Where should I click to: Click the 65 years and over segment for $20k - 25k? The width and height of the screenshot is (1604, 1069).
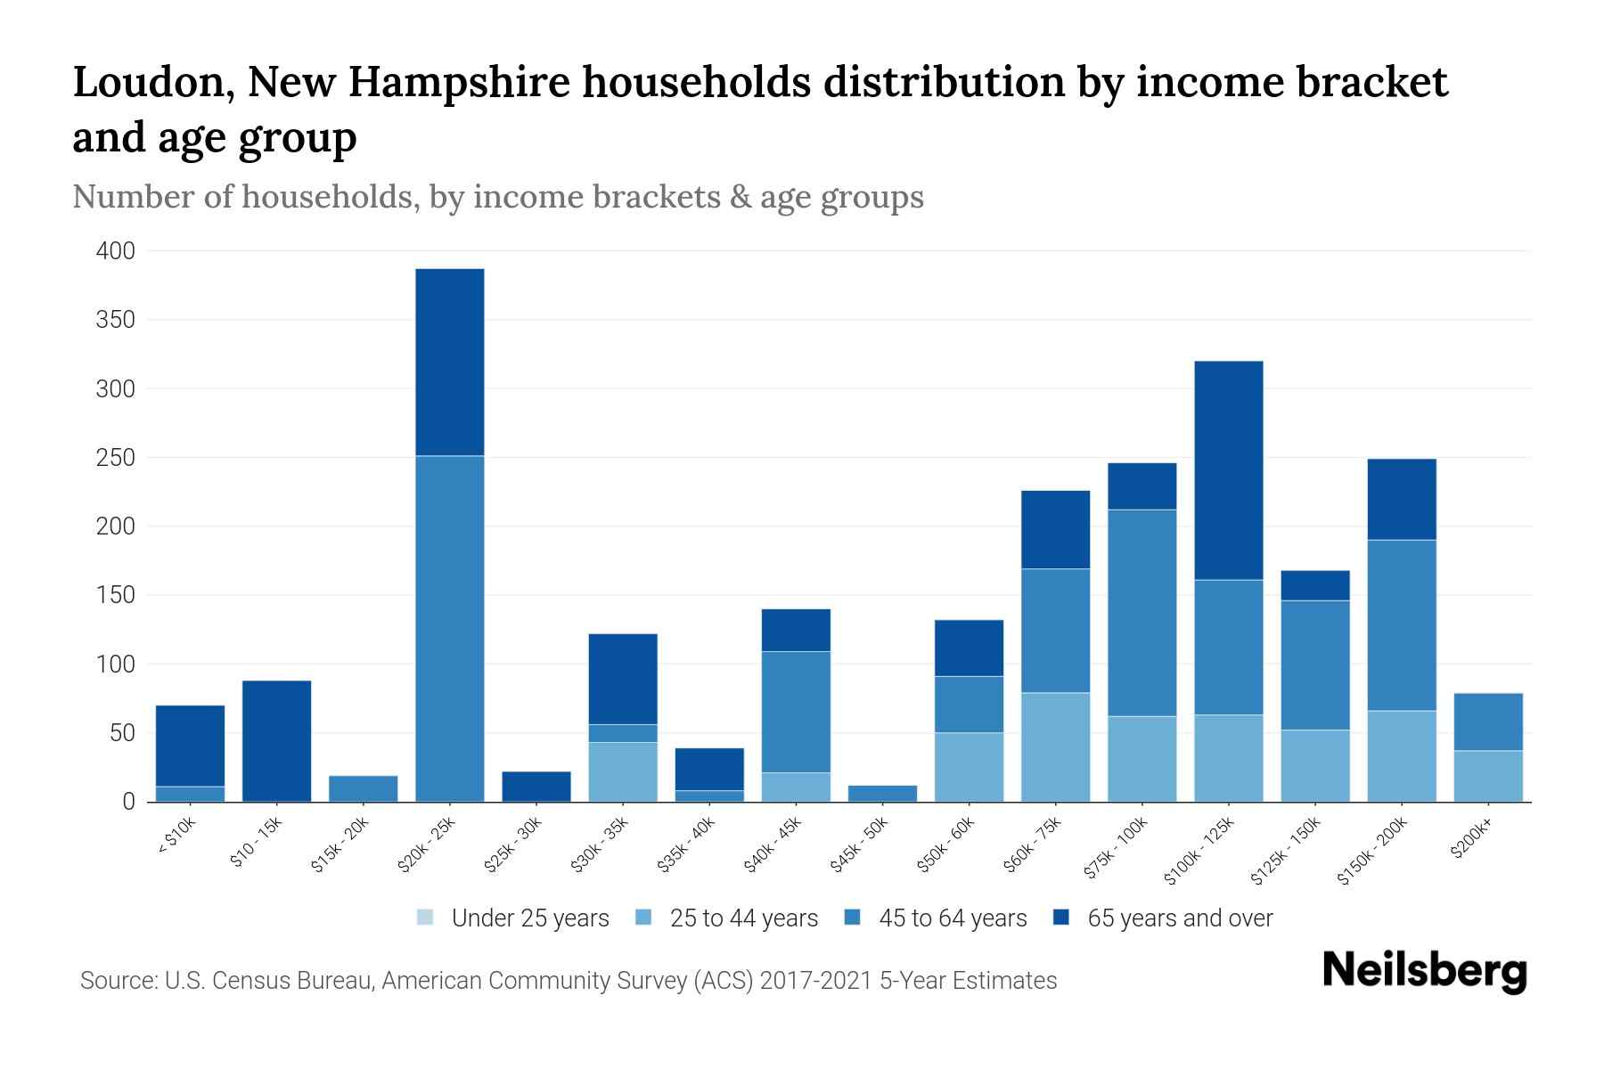pos(450,363)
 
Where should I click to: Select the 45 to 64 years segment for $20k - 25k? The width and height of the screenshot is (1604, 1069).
pos(450,628)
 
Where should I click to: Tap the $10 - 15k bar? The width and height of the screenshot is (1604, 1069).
pos(276,741)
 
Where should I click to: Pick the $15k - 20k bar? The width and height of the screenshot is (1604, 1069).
pos(364,788)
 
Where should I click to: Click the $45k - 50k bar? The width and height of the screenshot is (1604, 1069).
pos(883,793)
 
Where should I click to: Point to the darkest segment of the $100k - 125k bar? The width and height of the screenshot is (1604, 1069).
pos(1229,470)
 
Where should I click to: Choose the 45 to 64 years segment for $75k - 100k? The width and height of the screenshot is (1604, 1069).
pos(1142,613)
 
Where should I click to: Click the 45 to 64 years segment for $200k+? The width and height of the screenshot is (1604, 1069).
pos(1488,722)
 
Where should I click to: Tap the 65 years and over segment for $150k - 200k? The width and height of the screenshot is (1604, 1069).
pos(1402,499)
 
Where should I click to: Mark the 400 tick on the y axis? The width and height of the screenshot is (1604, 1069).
pos(116,251)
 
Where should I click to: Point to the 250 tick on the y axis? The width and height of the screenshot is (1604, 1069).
pos(116,458)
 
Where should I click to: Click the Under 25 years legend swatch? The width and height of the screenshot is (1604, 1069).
pos(426,918)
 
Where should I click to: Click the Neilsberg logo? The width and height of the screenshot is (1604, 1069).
pos(1425,972)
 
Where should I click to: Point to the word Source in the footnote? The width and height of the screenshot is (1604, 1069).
pos(116,981)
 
